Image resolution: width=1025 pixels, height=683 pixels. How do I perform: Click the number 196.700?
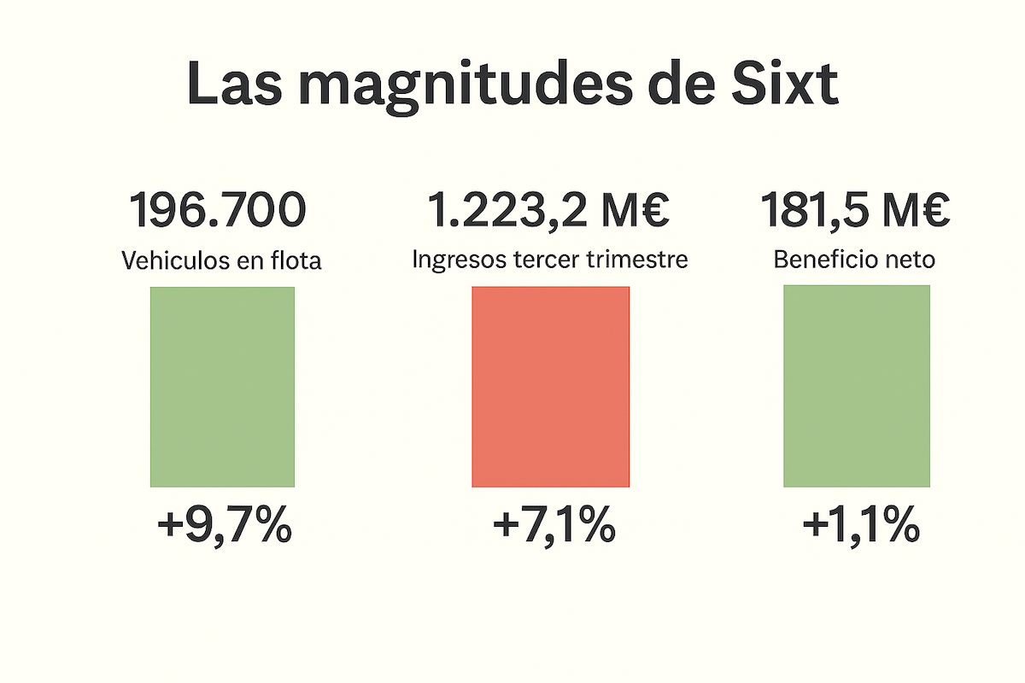coord(217,211)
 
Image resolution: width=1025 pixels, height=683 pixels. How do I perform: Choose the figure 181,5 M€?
coord(855,211)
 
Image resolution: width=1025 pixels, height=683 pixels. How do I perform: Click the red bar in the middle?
coord(550,387)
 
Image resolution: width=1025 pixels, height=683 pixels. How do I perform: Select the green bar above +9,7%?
coord(222,387)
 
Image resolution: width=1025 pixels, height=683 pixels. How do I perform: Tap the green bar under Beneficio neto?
coord(856,386)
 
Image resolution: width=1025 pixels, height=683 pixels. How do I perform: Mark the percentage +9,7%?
coord(225,528)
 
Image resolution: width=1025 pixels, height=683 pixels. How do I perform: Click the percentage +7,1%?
coord(553,528)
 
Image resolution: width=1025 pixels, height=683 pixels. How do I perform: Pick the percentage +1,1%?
coord(860,528)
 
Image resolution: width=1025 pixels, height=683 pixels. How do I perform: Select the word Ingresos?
coord(453,260)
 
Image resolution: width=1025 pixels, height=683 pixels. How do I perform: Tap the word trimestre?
coord(640,260)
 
